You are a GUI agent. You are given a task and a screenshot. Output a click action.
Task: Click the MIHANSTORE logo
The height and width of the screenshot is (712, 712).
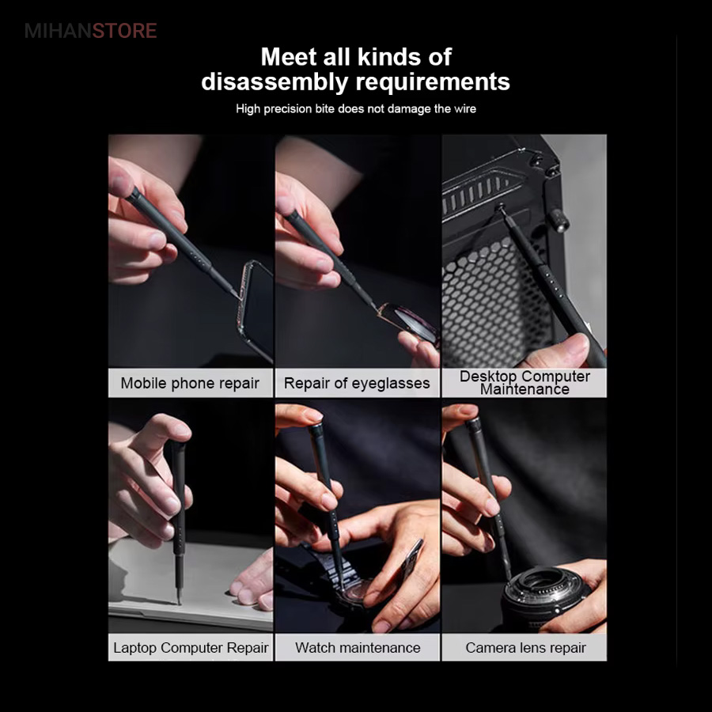(x=91, y=31)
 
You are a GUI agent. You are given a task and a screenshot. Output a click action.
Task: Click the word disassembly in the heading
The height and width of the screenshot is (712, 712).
(x=275, y=82)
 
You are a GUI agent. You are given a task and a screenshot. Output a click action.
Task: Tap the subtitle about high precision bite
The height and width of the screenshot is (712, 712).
(x=356, y=109)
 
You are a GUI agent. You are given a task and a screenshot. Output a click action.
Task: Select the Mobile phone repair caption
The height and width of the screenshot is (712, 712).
(x=190, y=383)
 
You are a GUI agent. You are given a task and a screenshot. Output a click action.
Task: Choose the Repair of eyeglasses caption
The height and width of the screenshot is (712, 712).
(x=357, y=383)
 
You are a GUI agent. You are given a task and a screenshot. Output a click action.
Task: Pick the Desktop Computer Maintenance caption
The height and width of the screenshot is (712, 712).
(x=525, y=383)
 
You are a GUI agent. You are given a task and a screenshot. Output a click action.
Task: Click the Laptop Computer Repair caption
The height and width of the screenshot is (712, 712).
(x=191, y=647)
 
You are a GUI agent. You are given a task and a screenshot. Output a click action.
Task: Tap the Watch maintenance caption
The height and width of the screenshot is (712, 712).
(x=358, y=647)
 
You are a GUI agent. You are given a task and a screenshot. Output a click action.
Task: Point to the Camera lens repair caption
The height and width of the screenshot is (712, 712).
(x=525, y=648)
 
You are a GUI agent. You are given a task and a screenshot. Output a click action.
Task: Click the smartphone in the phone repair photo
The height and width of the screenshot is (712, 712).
(x=256, y=309)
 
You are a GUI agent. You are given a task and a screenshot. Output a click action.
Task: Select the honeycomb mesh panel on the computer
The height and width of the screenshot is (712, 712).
(x=495, y=300)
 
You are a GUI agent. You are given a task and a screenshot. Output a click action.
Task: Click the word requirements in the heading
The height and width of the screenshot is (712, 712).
(x=433, y=82)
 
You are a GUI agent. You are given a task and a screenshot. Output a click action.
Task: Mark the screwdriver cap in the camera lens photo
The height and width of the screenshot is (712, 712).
(x=472, y=425)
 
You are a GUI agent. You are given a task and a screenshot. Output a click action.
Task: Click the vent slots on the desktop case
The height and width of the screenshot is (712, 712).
(x=477, y=195)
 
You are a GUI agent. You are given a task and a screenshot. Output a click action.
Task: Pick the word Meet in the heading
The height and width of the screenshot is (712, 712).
(x=288, y=57)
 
